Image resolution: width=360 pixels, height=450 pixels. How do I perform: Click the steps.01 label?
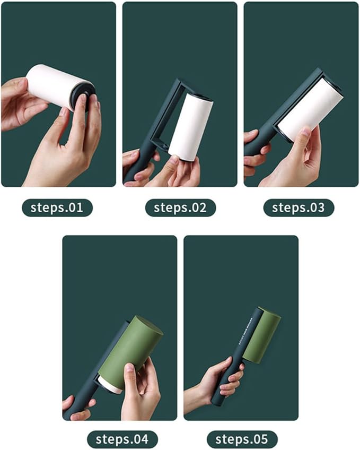click(x=57, y=207)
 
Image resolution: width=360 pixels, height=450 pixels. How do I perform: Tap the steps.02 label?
click(x=180, y=207)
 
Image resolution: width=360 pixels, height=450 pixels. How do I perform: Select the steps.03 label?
click(x=298, y=207)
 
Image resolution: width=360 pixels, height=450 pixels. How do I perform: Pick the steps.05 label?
click(x=242, y=439)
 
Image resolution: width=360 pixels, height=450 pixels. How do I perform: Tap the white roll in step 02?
click(x=189, y=127)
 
